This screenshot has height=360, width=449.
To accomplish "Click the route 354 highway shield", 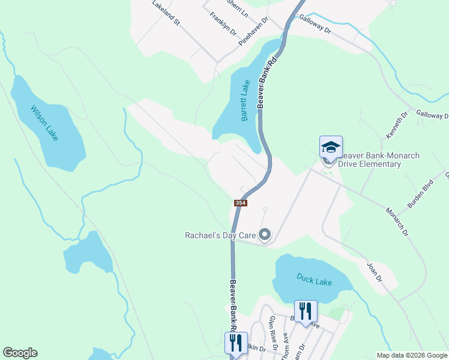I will pyautogui.click(x=240, y=203).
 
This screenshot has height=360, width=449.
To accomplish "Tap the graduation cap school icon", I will pyautogui.click(x=330, y=147).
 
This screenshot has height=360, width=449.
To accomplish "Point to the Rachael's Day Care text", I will pyautogui.click(x=220, y=235).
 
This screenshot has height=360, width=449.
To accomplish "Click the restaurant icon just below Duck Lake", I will pyautogui.click(x=306, y=311).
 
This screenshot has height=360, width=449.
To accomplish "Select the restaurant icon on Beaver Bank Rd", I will pyautogui.click(x=236, y=343).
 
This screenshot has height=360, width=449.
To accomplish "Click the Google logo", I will pyautogui.click(x=20, y=353).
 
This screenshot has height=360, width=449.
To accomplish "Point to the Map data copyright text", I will pyautogui.click(x=411, y=355).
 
